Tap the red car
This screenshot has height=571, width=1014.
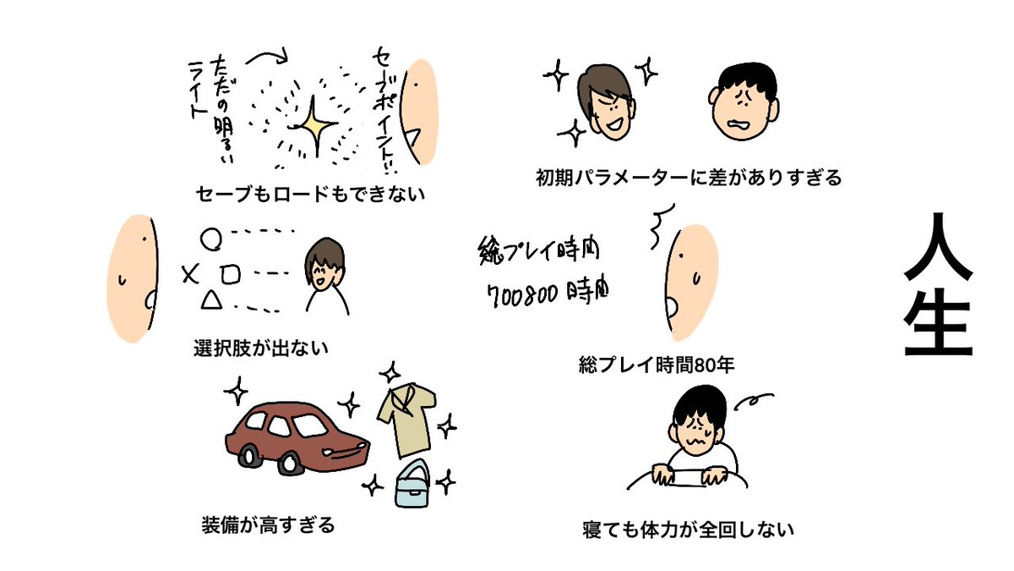pyautogui.click(x=296, y=436)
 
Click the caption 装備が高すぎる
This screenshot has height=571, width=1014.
pyautogui.click(x=268, y=524)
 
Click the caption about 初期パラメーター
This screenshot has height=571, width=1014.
pyautogui.click(x=690, y=178)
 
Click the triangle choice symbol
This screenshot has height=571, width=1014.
pyautogui.click(x=211, y=298)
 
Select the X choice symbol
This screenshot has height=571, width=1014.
pyautogui.click(x=189, y=272)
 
